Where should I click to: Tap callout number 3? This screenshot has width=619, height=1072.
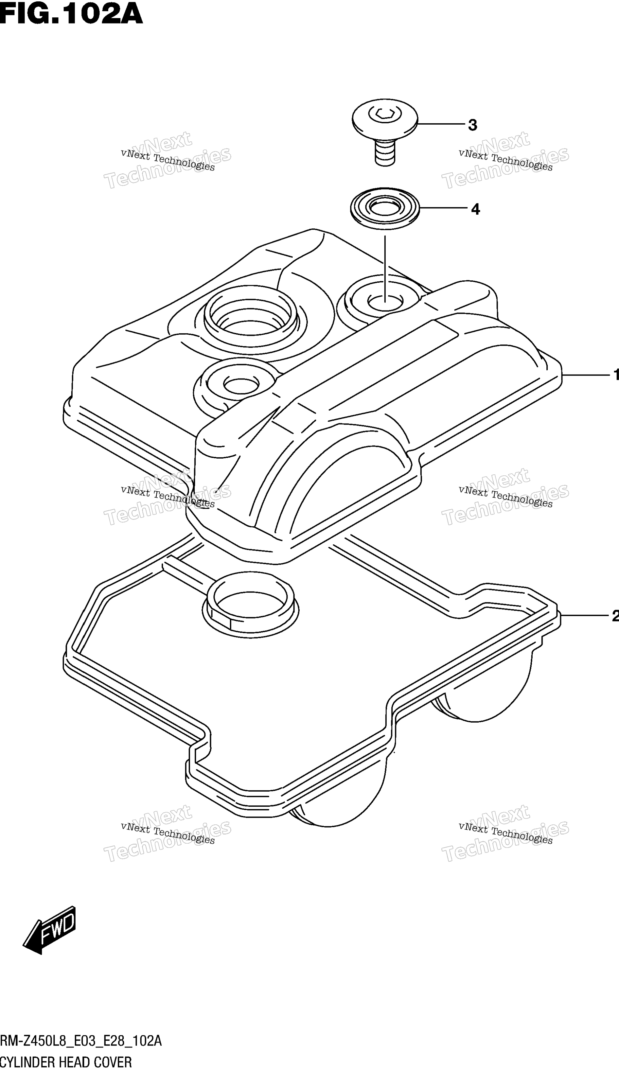pos(472,125)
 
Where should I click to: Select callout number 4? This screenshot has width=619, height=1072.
pos(475,209)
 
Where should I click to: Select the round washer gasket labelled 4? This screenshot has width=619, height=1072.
pos(385,209)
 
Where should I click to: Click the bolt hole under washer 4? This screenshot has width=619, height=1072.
pos(385,302)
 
